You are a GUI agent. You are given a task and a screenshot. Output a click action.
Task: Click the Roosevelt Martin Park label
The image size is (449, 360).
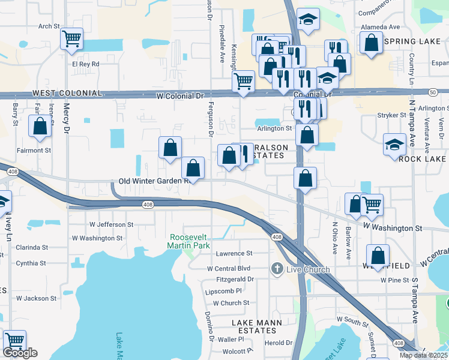(190, 241)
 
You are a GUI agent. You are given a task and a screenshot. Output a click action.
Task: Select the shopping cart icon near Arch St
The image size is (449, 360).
(71, 39)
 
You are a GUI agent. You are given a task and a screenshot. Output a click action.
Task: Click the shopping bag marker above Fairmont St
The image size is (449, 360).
(40, 127)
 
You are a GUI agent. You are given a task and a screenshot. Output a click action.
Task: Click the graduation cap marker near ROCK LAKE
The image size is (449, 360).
(394, 145)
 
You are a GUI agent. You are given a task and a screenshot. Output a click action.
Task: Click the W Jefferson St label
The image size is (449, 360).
(111, 224)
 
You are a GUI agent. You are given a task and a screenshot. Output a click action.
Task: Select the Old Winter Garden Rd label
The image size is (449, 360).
(154, 181)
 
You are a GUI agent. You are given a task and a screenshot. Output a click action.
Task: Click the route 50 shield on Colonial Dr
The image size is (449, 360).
(432, 91)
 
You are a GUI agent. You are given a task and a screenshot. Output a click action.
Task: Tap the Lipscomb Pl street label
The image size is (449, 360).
(223, 291)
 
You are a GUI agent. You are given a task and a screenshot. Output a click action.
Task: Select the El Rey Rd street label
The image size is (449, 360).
(85, 63)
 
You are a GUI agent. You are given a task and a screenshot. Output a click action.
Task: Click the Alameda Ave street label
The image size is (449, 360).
(380, 27)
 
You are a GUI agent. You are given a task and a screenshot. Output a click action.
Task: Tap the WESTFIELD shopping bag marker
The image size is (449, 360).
(378, 255)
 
